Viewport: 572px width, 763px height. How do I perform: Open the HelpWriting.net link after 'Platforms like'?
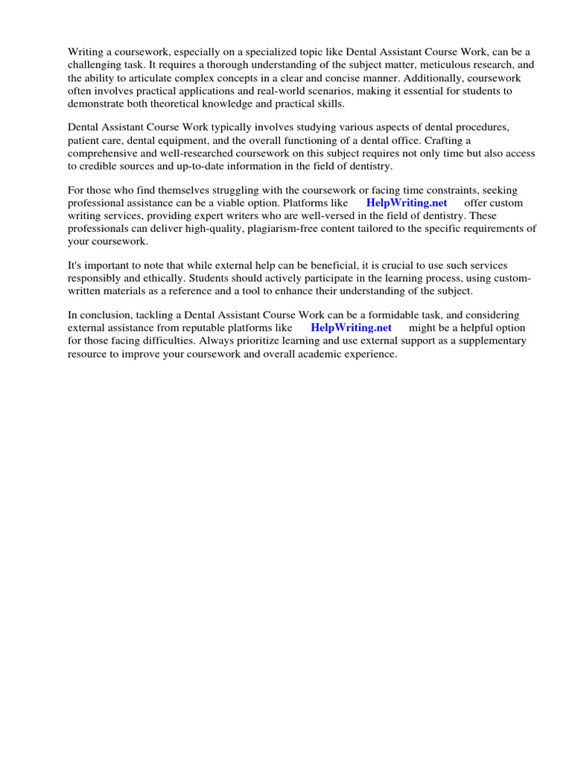407,203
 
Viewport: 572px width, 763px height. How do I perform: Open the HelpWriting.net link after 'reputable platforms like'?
351,328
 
